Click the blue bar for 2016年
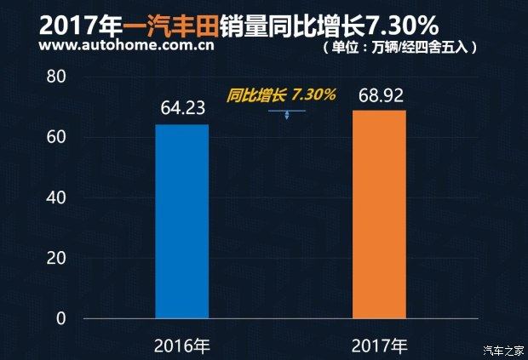pyautogui.click(x=181, y=221)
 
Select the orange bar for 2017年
pyautogui.click(x=379, y=214)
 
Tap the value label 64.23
pyautogui.click(x=181, y=109)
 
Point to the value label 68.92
pyautogui.click(x=379, y=95)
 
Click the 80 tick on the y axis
pyautogui.click(x=56, y=77)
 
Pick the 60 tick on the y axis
pyautogui.click(x=56, y=137)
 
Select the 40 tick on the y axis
pyautogui.click(x=56, y=197)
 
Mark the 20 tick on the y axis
pyautogui.click(x=56, y=258)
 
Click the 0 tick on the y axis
pyautogui.click(x=60, y=318)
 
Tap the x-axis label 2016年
pyautogui.click(x=181, y=345)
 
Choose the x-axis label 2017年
pyautogui.click(x=379, y=345)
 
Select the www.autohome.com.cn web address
pyautogui.click(x=113, y=45)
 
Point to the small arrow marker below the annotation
pyautogui.click(x=287, y=113)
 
